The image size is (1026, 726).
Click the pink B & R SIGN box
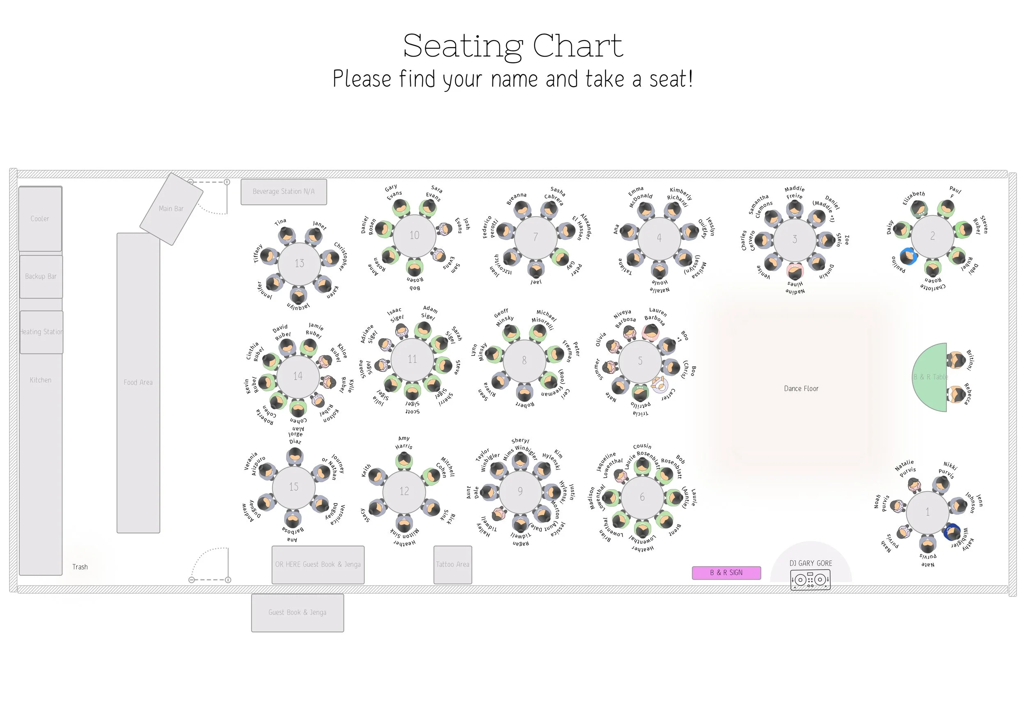pos(726,573)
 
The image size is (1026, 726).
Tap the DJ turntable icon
pos(810,580)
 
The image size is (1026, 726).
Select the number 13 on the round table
pos(299,263)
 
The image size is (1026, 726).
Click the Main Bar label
pos(171,209)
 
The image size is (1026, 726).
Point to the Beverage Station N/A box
pos(284,192)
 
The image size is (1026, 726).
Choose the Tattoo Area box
pos(452,565)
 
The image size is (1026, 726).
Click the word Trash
pos(80,567)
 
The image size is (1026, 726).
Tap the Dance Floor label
pos(801,389)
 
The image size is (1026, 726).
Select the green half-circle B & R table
pos(931,377)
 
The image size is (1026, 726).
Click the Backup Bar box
pos(41,277)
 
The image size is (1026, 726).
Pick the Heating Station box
pos(41,332)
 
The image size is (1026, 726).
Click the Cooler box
pos(40,219)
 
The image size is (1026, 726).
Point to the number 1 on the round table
pos(927,512)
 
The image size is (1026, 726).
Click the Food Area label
pos(138,382)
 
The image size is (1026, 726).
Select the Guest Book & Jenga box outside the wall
pos(297,612)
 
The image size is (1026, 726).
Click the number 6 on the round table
pos(642,497)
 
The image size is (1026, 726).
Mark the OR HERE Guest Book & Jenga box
pos(318,565)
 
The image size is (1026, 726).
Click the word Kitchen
pos(41,380)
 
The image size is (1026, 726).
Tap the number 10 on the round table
pos(414,235)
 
